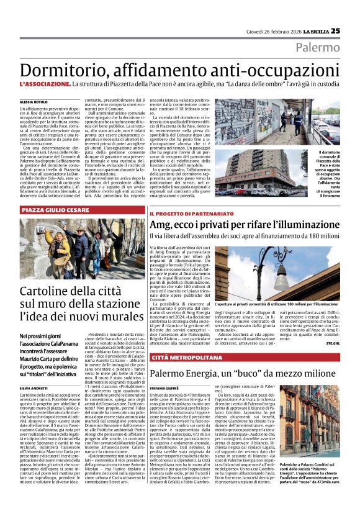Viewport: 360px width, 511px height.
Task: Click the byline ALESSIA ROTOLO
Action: click(x=33, y=101)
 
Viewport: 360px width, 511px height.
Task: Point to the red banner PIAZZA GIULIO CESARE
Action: click(x=58, y=211)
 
